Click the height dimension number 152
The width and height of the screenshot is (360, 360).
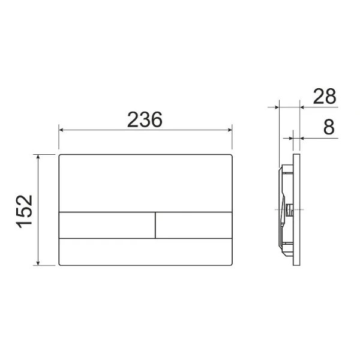coord(23,211)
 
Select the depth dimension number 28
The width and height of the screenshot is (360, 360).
coord(323,97)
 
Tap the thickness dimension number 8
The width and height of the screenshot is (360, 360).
coord(328,127)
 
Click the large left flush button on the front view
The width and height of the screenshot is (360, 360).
coord(107,225)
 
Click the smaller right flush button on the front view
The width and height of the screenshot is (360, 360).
coord(194,225)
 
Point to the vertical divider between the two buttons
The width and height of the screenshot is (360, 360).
coord(155,225)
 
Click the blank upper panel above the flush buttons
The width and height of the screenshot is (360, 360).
coord(145,183)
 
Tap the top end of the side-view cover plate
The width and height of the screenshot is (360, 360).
coord(296,154)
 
